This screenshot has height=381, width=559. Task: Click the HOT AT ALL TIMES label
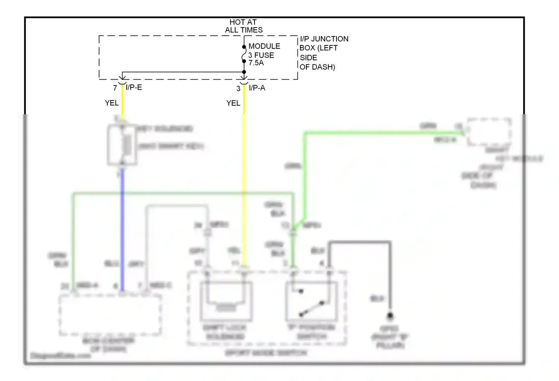point(243,26)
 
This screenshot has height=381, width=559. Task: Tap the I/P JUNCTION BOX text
point(323,44)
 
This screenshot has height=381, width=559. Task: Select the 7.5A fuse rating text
point(256,63)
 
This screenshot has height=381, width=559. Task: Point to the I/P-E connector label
point(134,88)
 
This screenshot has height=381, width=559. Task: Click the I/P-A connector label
point(257,88)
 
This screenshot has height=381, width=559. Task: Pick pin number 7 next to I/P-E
point(115,88)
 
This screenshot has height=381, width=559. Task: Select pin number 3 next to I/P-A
point(239,89)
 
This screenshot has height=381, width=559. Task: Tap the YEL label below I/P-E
point(111,103)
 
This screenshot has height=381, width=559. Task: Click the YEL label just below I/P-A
point(233,103)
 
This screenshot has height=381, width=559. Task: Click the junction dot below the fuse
point(244,72)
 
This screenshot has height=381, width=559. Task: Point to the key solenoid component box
point(122,145)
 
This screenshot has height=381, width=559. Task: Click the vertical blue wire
point(122,231)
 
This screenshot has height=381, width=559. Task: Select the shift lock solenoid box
point(226,301)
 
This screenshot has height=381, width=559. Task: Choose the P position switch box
point(311,301)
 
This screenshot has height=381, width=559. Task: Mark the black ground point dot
point(390,316)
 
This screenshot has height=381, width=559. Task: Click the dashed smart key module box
point(489,132)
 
